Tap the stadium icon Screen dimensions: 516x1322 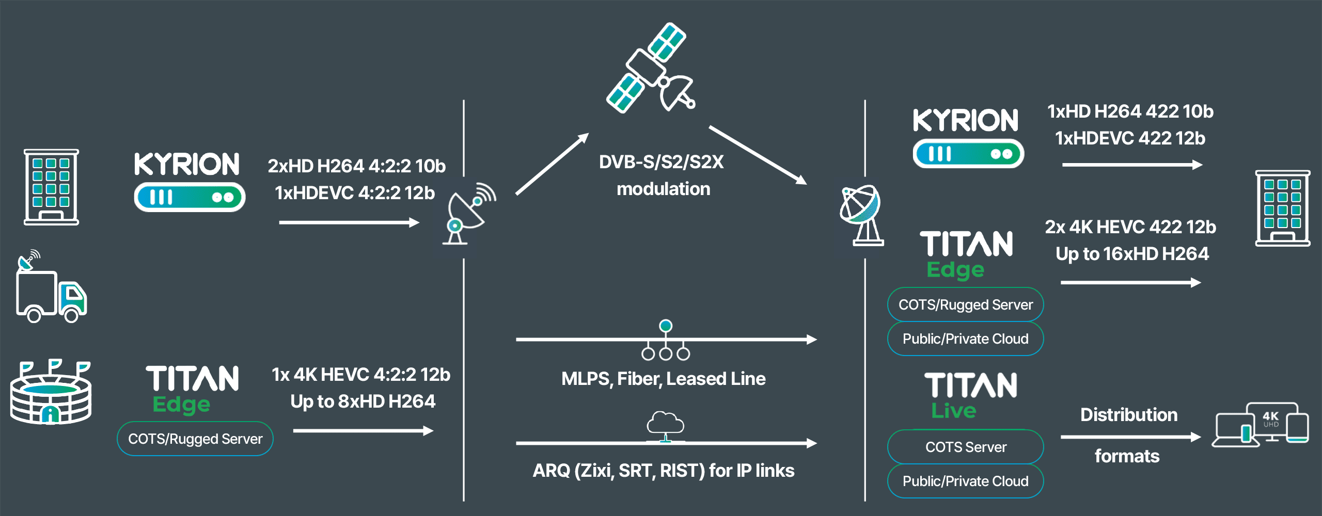(x=51, y=393)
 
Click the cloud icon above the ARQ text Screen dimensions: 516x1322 (x=666, y=424)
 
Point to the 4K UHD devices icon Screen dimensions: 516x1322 (x=1261, y=424)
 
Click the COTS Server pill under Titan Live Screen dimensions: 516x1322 (x=965, y=447)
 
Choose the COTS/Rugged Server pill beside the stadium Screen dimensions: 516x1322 (x=195, y=439)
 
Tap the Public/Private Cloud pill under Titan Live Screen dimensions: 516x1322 (x=965, y=481)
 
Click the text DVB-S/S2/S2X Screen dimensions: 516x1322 (x=662, y=162)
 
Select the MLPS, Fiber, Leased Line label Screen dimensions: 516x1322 (x=663, y=379)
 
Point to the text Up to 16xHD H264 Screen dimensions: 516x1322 (x=1132, y=254)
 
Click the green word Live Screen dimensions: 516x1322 (x=953, y=411)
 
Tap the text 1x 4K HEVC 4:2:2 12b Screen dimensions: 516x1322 (x=360, y=375)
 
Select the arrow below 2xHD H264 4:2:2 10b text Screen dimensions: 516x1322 (x=349, y=222)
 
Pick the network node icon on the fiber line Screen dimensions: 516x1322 (x=666, y=341)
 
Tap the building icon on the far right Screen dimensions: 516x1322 (x=1282, y=208)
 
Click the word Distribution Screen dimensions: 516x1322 (x=1129, y=415)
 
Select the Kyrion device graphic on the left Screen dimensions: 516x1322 (x=190, y=197)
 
